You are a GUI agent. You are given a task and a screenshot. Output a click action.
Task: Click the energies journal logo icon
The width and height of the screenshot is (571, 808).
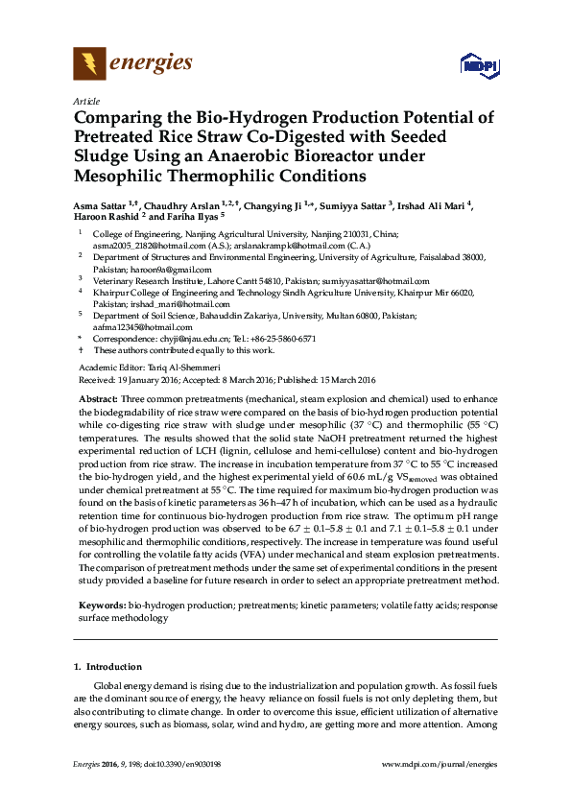click(x=88, y=64)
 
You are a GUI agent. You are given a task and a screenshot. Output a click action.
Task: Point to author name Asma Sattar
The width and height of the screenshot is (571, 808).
click(x=100, y=205)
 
